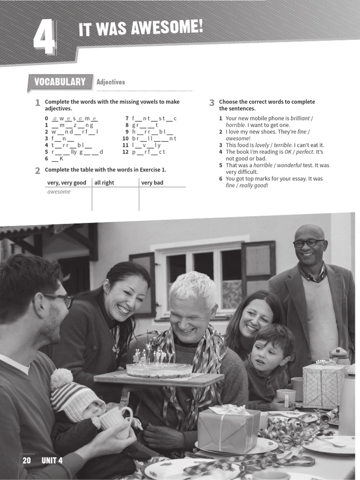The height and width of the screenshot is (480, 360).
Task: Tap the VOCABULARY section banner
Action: click(x=60, y=82)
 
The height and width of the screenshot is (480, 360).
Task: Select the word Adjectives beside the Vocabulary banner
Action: click(x=111, y=82)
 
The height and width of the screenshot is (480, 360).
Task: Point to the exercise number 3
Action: click(x=212, y=103)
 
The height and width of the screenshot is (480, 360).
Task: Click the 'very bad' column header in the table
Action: click(x=152, y=183)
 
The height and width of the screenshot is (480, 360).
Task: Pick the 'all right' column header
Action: click(x=104, y=183)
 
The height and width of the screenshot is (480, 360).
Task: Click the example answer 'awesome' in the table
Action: click(x=59, y=192)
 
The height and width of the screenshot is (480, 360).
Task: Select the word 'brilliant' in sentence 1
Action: click(x=300, y=119)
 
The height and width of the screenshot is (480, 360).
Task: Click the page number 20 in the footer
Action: click(x=27, y=461)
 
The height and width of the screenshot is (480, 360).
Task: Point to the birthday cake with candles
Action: click(x=159, y=368)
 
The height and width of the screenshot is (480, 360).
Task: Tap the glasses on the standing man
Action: click(x=308, y=243)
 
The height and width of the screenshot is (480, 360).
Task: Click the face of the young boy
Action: click(x=267, y=355)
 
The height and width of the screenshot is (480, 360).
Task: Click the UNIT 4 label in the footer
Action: click(x=52, y=461)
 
